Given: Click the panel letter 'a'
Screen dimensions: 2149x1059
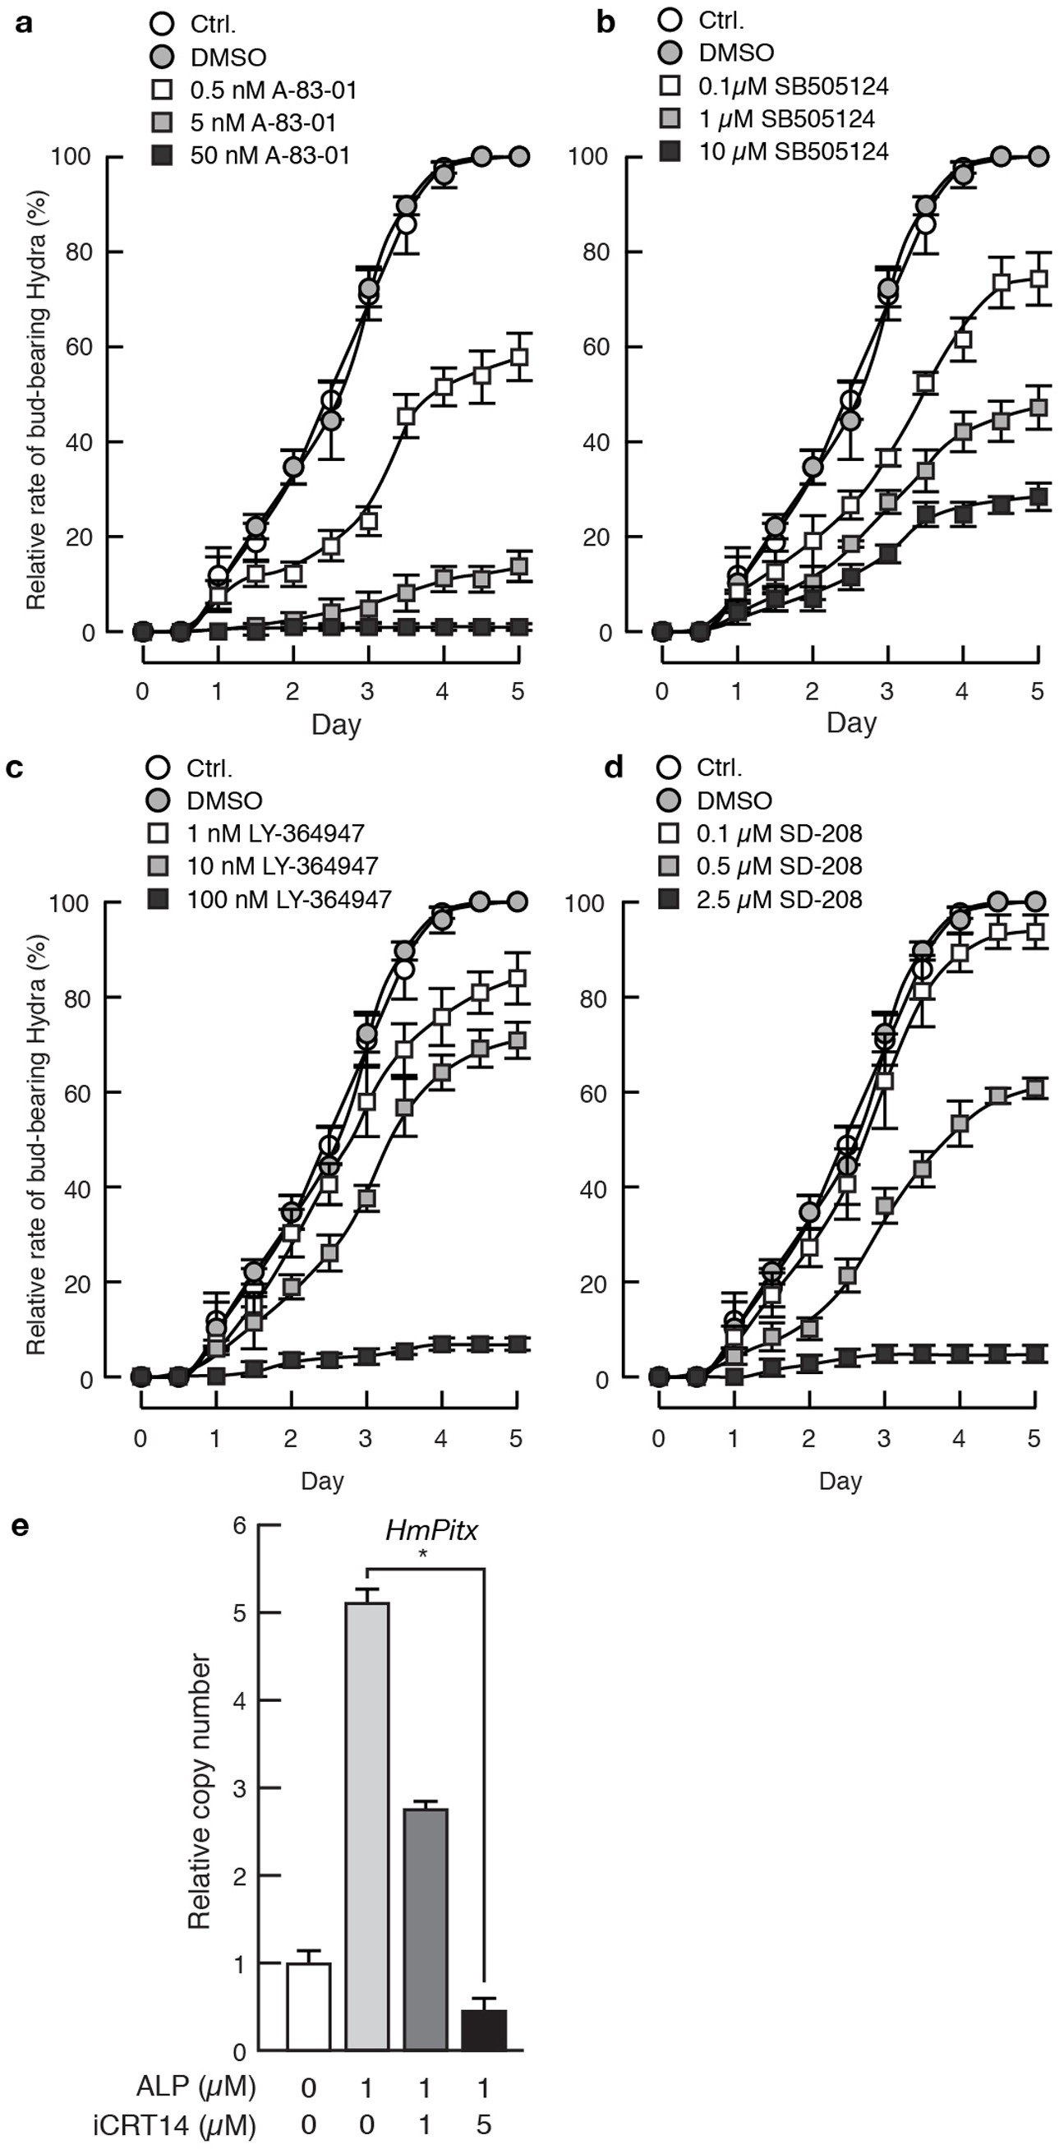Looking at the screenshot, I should [x=25, y=23].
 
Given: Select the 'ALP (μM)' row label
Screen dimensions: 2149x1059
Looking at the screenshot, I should [x=196, y=2087].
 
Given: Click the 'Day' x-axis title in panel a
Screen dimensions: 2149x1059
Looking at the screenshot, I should [x=336, y=723].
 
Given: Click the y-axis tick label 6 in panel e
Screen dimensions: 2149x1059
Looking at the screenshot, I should [x=239, y=1526].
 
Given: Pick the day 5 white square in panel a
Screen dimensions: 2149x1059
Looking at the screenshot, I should [x=518, y=357].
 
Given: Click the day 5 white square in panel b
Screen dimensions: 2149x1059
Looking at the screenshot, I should [x=1038, y=279].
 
